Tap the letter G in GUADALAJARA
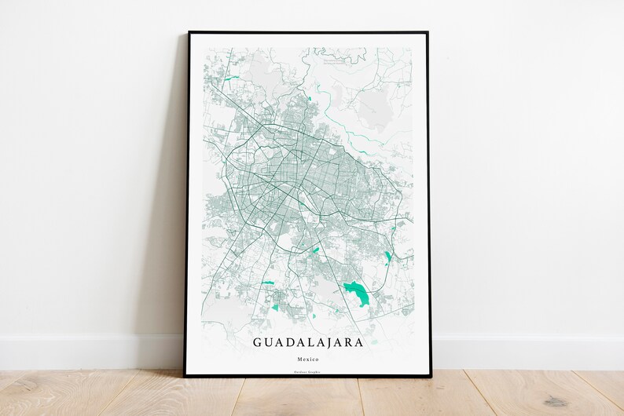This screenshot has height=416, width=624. click(x=258, y=343)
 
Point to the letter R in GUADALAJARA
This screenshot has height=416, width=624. click(x=351, y=343)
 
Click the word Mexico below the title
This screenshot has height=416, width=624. click(x=310, y=359)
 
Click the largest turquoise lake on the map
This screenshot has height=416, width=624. click(x=358, y=294)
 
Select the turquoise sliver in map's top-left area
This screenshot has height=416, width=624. click(x=230, y=78)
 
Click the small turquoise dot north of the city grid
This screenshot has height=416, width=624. click(x=310, y=98)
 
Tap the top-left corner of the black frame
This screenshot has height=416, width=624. click(x=189, y=34)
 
